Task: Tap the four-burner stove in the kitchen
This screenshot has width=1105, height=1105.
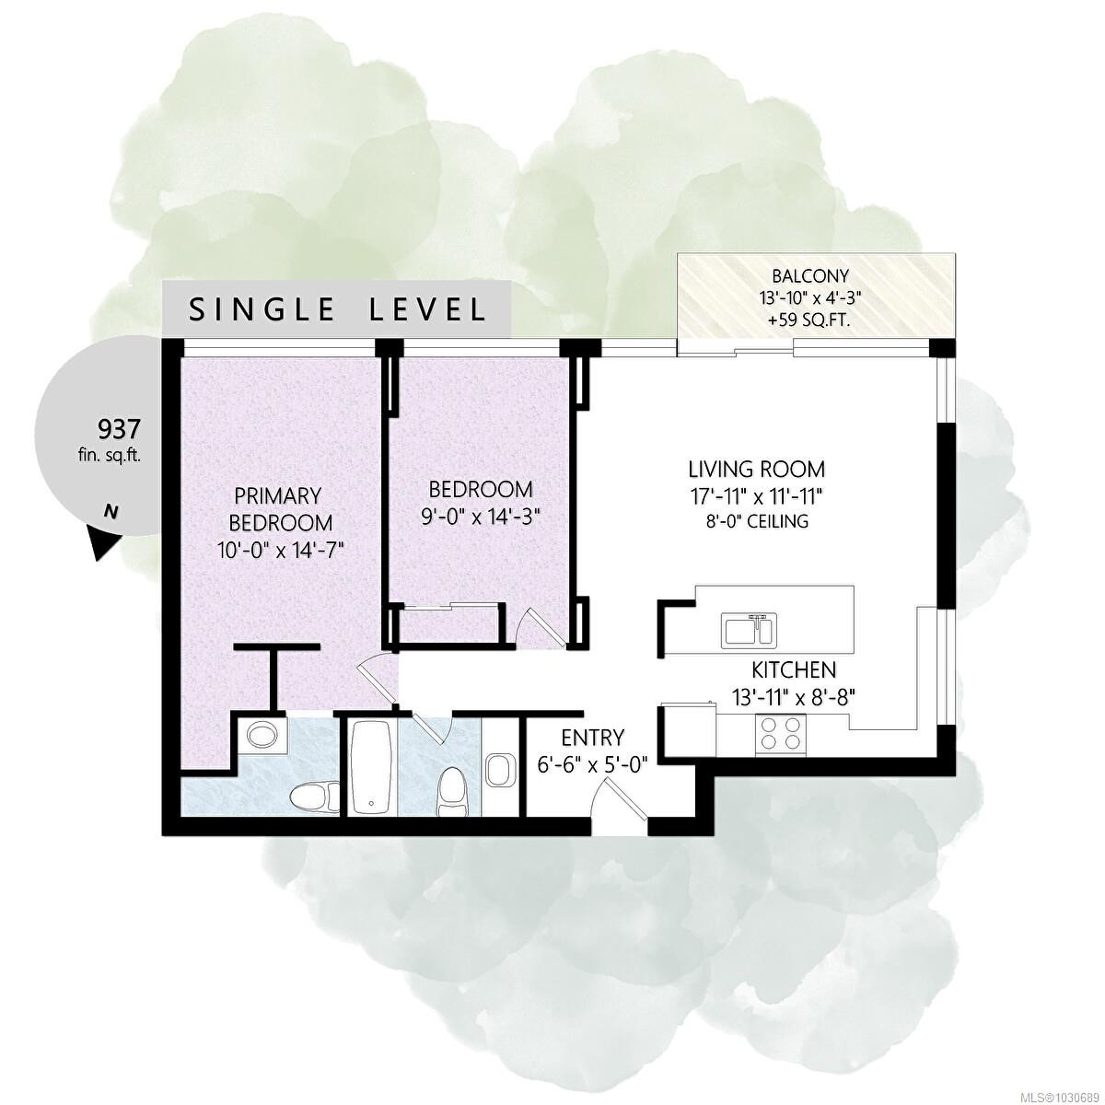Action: [x=781, y=734]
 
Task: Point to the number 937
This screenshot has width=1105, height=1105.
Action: [x=119, y=428]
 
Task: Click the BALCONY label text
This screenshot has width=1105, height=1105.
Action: [x=809, y=276]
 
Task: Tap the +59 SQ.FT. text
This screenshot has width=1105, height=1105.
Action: [x=809, y=320]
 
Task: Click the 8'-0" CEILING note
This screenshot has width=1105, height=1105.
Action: [x=756, y=521]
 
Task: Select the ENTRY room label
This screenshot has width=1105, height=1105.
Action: [x=592, y=738]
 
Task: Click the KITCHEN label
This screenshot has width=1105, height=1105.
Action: [x=794, y=669]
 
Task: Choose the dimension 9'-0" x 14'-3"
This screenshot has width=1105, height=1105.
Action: [x=481, y=517]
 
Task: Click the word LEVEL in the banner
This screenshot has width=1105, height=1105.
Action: [x=427, y=310]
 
